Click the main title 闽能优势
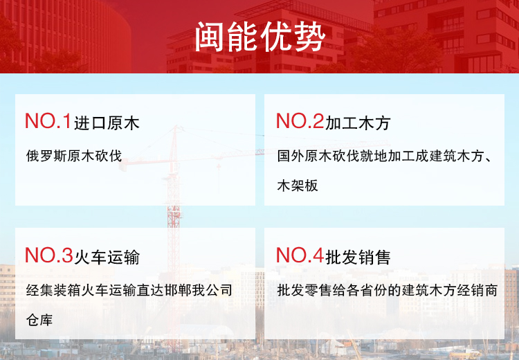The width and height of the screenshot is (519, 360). click(259, 37)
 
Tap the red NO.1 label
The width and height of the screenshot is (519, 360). click(48, 121)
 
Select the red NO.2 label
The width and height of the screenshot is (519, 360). click(300, 121)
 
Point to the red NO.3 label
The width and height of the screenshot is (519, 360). click(48, 255)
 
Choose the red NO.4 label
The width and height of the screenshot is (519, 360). click(300, 255)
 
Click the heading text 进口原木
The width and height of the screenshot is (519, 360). click(107, 123)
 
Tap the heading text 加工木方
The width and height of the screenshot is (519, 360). click(358, 123)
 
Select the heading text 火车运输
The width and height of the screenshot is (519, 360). click(107, 258)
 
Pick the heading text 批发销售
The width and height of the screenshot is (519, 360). click(358, 258)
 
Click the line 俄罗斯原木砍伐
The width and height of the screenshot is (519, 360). click(74, 156)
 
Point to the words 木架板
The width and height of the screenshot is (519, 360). click(298, 186)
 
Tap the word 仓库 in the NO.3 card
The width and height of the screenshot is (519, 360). click(39, 321)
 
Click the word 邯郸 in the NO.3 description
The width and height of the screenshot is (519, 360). click(178, 291)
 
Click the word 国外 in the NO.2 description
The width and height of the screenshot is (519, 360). click(291, 156)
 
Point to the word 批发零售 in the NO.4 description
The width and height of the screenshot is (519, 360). click(304, 291)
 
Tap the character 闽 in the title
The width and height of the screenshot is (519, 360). click(210, 37)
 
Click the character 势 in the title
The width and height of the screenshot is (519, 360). click(309, 37)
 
